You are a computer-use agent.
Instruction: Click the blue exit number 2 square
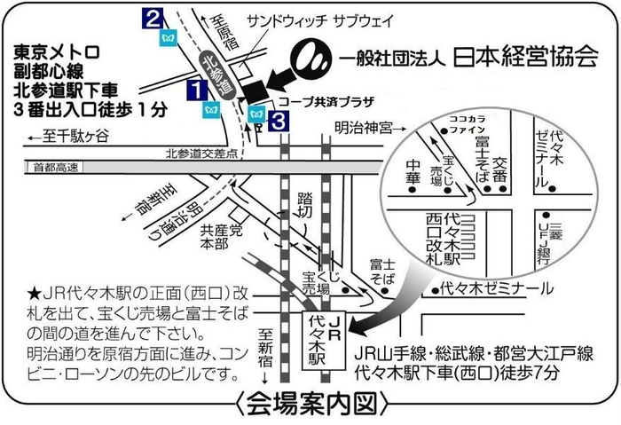[x=154, y=18]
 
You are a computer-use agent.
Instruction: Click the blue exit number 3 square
[x=280, y=121]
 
